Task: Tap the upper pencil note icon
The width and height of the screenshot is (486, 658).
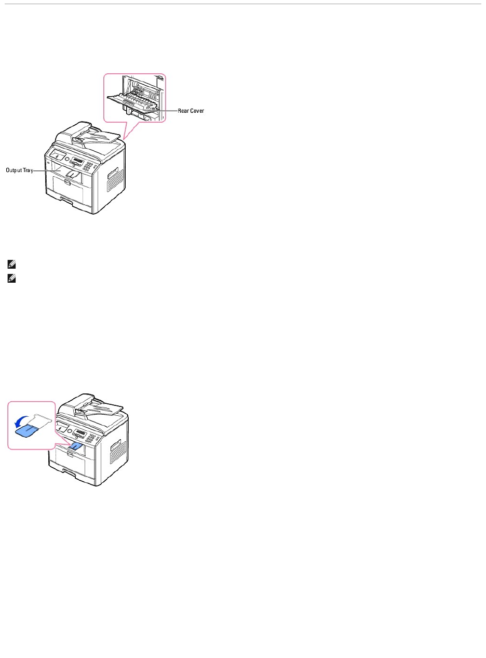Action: (11, 265)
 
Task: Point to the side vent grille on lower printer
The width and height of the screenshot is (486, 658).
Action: (116, 450)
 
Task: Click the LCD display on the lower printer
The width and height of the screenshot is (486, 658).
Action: (80, 432)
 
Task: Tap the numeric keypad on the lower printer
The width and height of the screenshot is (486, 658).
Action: (92, 438)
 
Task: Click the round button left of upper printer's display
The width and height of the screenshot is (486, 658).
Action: (67, 158)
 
